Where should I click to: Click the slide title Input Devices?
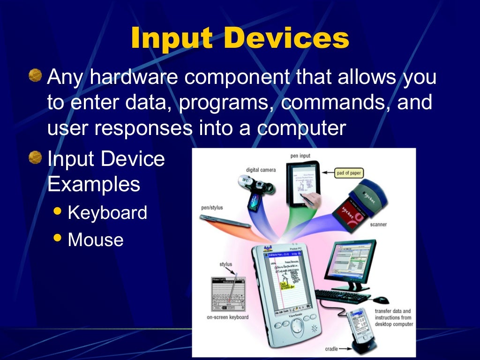(x=240, y=38)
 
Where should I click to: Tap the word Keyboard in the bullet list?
(x=107, y=212)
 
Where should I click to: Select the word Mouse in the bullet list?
(x=96, y=240)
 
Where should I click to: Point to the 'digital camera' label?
(x=261, y=169)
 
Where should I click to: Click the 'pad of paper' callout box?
(x=349, y=173)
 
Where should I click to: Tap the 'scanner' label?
(x=378, y=225)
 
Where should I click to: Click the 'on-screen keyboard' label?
(x=228, y=317)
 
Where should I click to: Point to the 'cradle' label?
(x=332, y=349)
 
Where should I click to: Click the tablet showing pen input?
(x=302, y=184)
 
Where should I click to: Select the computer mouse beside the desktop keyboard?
(x=382, y=300)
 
